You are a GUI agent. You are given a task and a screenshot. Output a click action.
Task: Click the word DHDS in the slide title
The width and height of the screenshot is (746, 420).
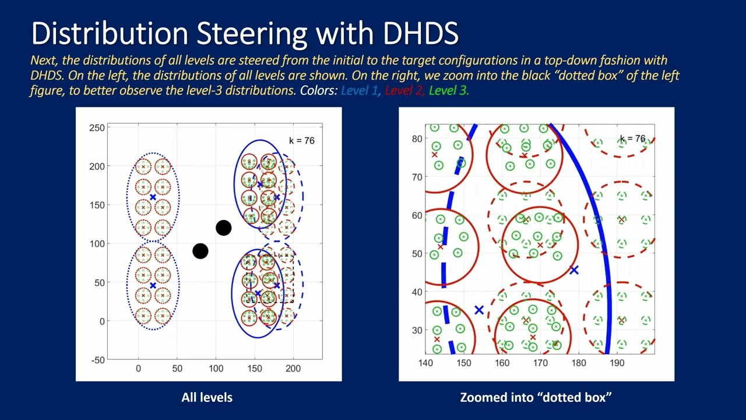point(418,33)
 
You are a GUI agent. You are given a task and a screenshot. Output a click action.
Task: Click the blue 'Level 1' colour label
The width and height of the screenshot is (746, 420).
point(359,90)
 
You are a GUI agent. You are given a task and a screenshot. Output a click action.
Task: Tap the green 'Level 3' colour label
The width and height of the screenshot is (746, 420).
point(448,90)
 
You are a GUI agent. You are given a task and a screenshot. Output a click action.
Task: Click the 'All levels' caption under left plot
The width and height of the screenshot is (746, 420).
point(207,397)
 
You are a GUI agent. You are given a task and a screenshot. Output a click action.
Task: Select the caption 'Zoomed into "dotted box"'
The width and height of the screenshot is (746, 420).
point(536,397)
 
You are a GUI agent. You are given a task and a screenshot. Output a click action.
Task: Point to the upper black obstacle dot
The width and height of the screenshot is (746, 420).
point(223,228)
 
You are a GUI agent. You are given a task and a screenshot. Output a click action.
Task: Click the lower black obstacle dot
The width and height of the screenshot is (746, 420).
point(200,251)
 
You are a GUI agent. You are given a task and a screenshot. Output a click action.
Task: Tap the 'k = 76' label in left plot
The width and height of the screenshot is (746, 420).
point(301,140)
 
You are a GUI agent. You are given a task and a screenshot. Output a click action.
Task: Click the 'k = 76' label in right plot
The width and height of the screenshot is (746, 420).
point(632,139)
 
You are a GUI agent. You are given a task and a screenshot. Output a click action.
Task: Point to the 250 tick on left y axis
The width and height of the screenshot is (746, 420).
point(97,128)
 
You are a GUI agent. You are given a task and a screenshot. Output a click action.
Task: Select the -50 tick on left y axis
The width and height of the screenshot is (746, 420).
point(97,360)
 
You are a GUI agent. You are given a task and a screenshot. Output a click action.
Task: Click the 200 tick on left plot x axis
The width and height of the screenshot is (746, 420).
point(293,369)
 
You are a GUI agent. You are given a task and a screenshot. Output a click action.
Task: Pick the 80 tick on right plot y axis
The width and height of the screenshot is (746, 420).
point(417,139)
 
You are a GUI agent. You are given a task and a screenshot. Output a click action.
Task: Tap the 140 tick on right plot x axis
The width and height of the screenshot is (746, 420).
point(425,363)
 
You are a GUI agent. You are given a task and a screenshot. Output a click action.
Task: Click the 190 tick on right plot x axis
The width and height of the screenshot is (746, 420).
point(617,363)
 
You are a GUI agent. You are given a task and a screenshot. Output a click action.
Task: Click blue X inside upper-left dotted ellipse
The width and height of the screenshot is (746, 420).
point(153,197)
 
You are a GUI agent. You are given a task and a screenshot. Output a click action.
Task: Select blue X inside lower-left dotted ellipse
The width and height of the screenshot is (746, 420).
point(153,285)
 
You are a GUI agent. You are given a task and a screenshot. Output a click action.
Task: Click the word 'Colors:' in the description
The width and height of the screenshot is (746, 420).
point(319,90)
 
